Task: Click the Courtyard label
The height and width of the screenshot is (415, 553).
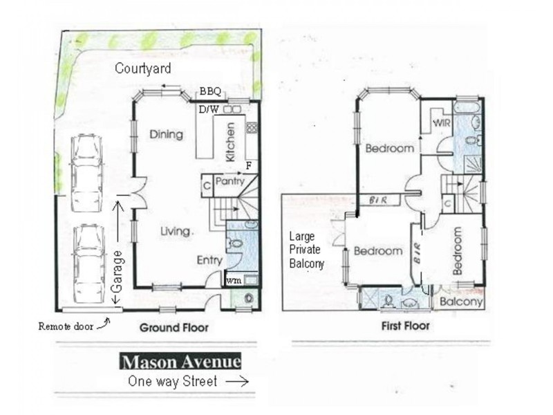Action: [x=143, y=68]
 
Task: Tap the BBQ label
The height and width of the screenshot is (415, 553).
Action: [x=210, y=91]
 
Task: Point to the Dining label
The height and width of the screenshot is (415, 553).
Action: [x=166, y=134]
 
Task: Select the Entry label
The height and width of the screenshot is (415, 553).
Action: [x=209, y=260]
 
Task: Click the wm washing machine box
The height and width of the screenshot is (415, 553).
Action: [x=234, y=280]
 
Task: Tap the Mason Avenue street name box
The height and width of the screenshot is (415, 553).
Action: [x=181, y=362]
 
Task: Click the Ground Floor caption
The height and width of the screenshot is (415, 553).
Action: [x=174, y=327]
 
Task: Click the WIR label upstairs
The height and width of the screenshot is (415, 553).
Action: [x=442, y=122]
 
